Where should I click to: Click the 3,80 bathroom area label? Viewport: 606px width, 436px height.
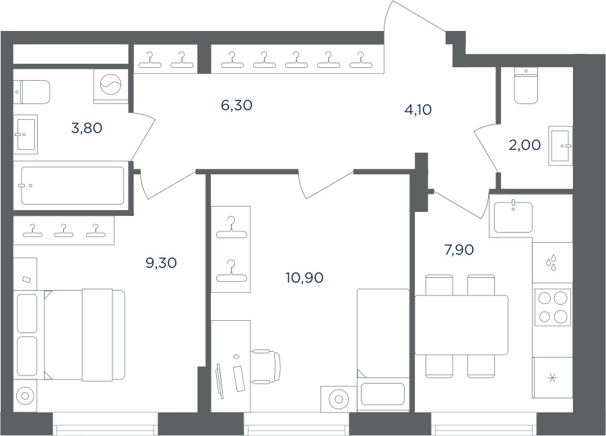[87, 128]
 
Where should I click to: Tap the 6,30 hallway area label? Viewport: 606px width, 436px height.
[236, 105]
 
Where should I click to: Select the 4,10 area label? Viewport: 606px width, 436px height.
[417, 110]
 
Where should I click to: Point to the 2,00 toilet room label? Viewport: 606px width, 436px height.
[525, 145]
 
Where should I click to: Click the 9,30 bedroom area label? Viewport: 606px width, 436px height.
[161, 263]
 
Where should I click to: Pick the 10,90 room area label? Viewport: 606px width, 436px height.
[304, 277]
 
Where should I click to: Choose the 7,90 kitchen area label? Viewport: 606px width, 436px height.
[459, 250]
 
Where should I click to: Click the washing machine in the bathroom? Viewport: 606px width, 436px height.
[110, 86]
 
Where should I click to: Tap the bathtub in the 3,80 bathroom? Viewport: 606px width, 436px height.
[73, 186]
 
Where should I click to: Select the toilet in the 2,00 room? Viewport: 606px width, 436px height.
[526, 85]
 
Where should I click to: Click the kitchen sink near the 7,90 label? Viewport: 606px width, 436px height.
[513, 217]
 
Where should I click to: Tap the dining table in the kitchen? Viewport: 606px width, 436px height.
[461, 325]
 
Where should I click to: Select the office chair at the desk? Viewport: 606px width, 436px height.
[266, 366]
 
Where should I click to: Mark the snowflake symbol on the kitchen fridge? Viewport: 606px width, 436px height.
[552, 378]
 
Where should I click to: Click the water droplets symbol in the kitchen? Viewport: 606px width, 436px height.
[551, 262]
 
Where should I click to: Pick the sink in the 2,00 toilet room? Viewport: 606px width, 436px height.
[560, 145]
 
